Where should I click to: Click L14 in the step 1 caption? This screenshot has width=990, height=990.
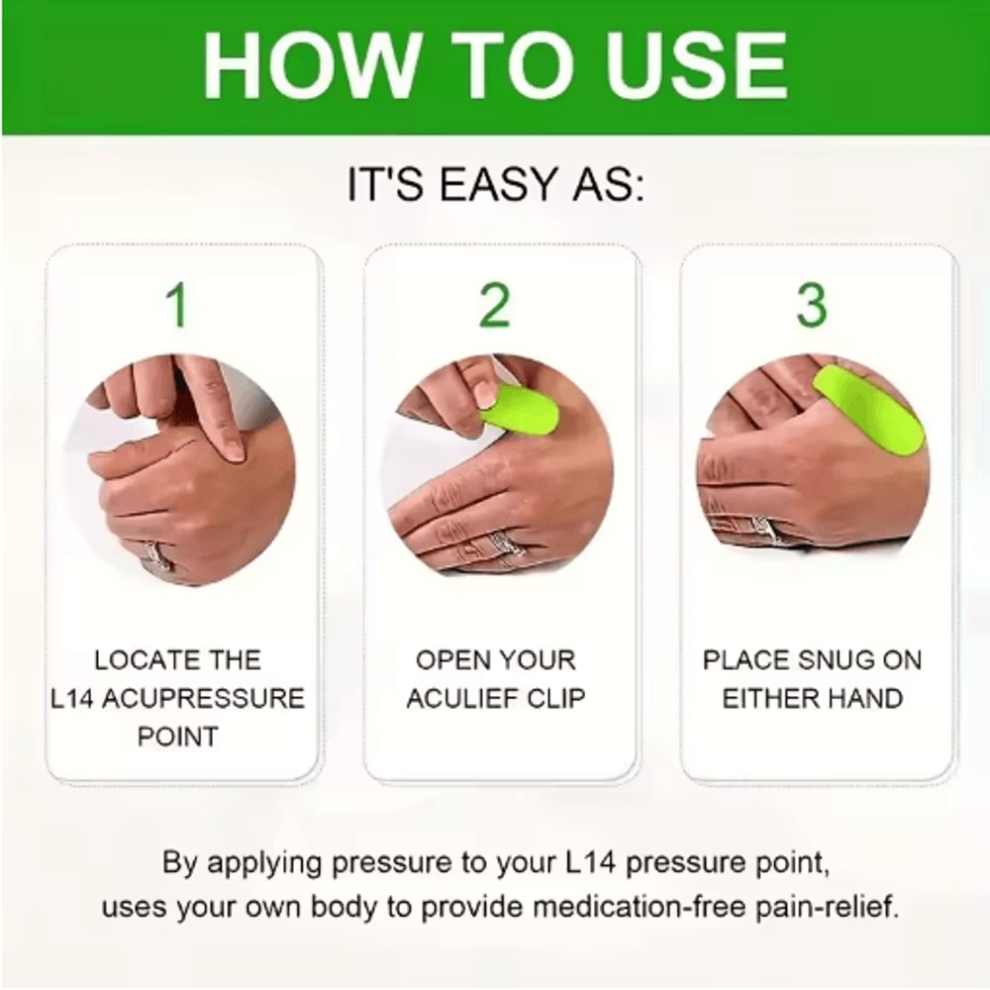tap(73, 698)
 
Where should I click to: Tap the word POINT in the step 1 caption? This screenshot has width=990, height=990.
tap(178, 737)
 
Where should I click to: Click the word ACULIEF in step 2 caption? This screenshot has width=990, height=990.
tap(466, 698)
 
